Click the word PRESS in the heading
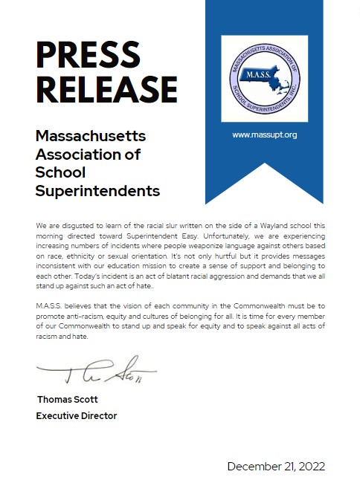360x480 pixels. [89, 54]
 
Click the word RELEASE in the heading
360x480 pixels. [107, 88]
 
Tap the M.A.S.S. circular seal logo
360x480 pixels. [264, 78]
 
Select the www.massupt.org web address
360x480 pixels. [264, 134]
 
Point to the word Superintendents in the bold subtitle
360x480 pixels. [98, 191]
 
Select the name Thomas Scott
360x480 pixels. [68, 399]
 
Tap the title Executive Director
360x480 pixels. [77, 415]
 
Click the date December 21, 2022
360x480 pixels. [276, 466]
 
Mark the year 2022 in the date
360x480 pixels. [311, 466]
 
